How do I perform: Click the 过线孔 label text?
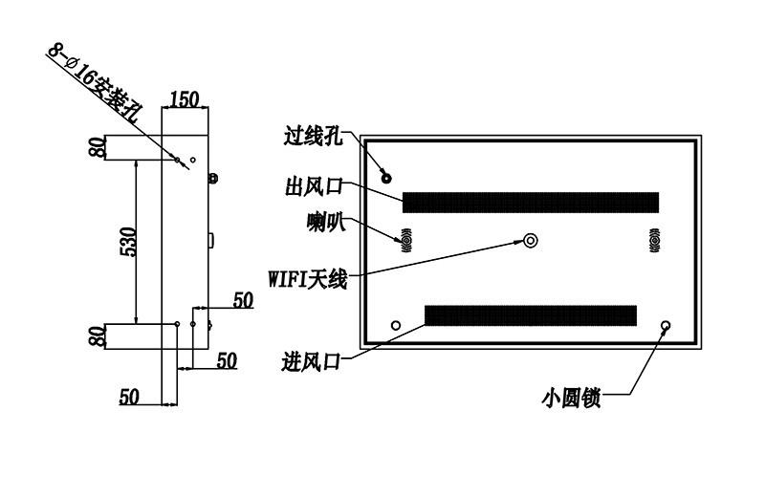click(x=314, y=136)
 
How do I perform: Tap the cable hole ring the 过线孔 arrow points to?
click(x=386, y=178)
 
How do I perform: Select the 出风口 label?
click(x=315, y=186)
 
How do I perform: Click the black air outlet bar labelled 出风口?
click(x=531, y=203)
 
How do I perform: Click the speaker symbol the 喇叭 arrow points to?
click(x=405, y=241)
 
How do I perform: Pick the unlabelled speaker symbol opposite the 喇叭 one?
click(x=655, y=241)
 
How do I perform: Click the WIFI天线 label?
click(x=308, y=279)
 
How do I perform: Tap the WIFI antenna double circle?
click(x=531, y=240)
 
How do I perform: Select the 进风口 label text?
click(x=311, y=362)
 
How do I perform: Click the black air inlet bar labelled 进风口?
click(x=531, y=315)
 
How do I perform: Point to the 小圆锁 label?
click(x=571, y=398)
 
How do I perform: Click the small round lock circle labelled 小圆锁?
click(x=666, y=325)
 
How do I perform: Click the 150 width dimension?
click(x=185, y=99)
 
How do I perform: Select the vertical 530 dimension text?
click(x=129, y=242)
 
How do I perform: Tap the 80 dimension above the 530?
click(x=98, y=147)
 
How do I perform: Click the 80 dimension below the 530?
click(x=98, y=336)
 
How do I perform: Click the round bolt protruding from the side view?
click(x=212, y=179)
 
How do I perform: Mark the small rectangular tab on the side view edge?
click(x=210, y=241)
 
